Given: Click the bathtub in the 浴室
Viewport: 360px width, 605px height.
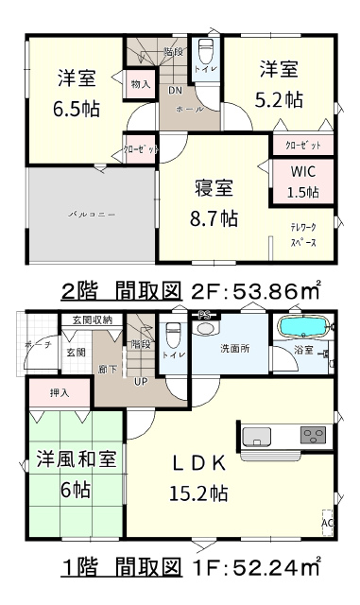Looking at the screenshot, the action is (303, 327).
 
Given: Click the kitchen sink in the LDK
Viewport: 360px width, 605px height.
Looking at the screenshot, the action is (256, 436).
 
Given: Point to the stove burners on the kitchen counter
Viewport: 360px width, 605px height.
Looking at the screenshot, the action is (314, 435).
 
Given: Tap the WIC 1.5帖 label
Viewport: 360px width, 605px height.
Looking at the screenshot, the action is (303, 181).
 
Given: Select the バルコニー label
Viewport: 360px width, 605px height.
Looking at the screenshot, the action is (92, 214).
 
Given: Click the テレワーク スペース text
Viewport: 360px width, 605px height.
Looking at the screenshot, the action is (303, 234).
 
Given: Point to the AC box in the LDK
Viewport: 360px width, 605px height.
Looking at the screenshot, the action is (327, 523).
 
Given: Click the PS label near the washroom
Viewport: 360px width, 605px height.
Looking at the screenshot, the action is (204, 315).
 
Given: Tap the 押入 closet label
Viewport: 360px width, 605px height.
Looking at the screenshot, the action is (60, 393).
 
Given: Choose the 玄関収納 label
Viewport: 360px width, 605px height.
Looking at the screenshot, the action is (93, 320).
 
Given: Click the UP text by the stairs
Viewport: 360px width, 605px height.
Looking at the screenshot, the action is (141, 381).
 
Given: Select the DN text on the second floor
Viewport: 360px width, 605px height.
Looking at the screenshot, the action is (175, 91).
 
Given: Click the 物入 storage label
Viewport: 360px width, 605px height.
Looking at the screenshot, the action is (141, 83).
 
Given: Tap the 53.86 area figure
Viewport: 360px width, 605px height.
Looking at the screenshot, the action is (266, 292).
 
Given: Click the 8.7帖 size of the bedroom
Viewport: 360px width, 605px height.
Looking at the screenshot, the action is (214, 219).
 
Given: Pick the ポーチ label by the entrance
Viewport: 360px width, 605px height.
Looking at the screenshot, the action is (38, 344).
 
